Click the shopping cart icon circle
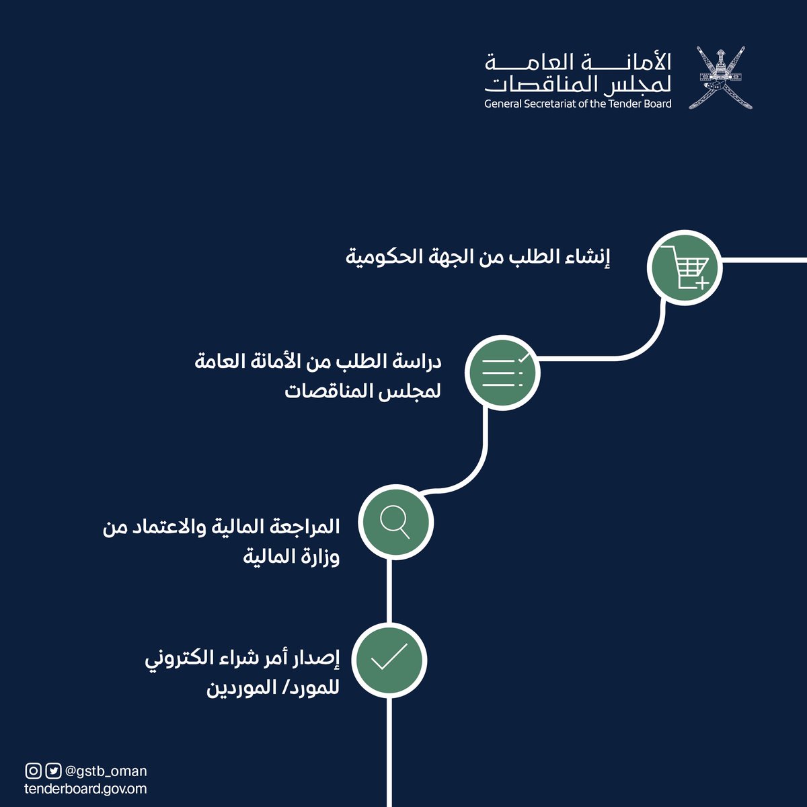pyautogui.click(x=684, y=267)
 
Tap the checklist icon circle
pyautogui.click(x=503, y=372)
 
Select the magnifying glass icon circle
pyautogui.click(x=395, y=521)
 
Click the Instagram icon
pyautogui.click(x=33, y=771)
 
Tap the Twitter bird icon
pyautogui.click(x=53, y=771)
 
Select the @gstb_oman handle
pyautogui.click(x=106, y=771)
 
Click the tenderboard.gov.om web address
pyautogui.click(x=85, y=789)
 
